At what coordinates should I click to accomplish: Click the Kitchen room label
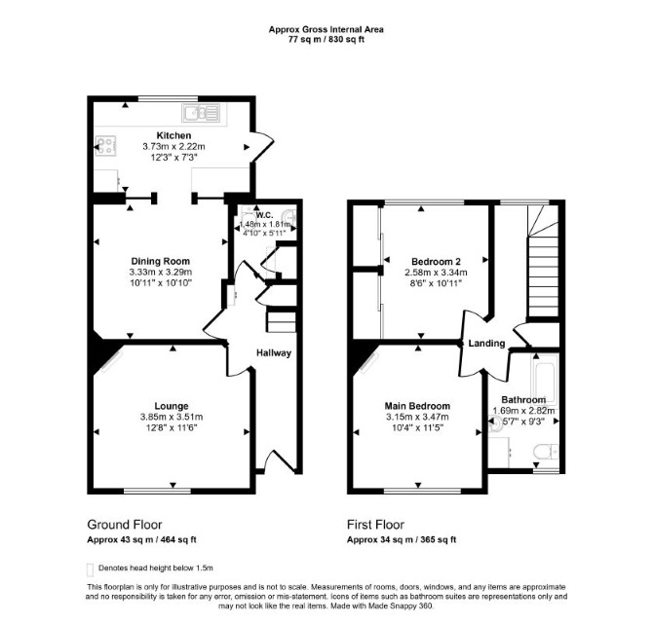173,135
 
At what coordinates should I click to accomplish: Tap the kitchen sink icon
201,113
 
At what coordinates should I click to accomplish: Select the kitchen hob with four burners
106,146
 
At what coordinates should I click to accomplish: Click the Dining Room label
161,261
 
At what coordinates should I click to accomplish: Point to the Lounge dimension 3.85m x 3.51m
172,417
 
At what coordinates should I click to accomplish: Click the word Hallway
274,353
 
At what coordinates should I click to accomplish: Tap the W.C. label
264,215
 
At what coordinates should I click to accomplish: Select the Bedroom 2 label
436,262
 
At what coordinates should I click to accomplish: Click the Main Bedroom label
417,406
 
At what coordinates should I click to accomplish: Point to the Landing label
486,344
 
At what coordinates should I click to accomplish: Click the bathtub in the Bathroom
544,380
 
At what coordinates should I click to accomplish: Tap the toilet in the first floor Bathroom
546,452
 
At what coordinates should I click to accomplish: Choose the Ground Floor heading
125,525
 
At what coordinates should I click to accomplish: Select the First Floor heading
375,525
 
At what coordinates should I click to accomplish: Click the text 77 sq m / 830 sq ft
326,40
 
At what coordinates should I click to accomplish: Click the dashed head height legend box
90,569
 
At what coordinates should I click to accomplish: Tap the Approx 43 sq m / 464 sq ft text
141,540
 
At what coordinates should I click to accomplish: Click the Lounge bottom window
158,492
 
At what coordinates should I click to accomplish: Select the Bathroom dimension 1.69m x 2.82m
523,411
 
